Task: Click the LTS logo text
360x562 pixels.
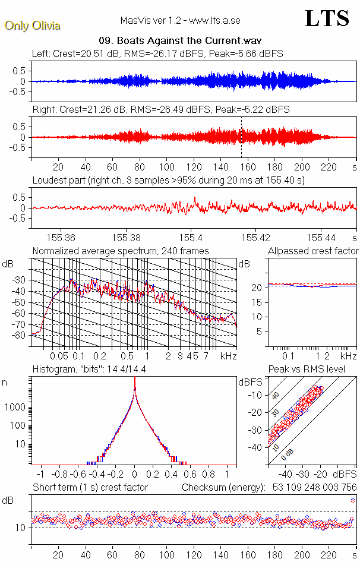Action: [x=327, y=18]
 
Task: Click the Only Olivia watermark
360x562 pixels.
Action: [x=32, y=26]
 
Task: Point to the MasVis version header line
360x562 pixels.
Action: [x=180, y=20]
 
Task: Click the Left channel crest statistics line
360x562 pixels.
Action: [x=157, y=53]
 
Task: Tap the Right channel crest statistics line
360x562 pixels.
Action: [x=161, y=110]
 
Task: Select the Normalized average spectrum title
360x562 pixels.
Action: [x=121, y=251]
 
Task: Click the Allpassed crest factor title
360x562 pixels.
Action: [x=313, y=251]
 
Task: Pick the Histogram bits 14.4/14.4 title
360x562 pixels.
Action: [x=97, y=370]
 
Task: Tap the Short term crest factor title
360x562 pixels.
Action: [x=90, y=487]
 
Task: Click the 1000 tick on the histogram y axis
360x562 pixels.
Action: [x=15, y=408]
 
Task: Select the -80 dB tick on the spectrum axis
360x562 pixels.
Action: [x=20, y=335]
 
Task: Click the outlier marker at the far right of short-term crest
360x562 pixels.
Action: [x=353, y=500]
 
